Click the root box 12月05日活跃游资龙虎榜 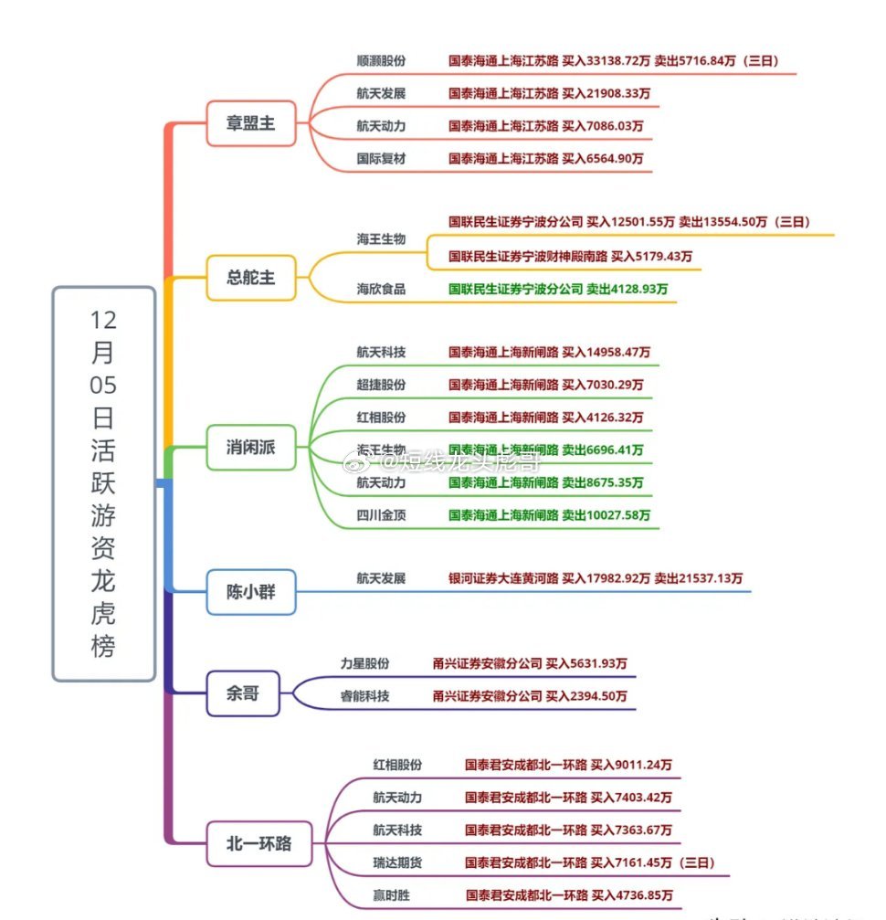pyautogui.click(x=103, y=484)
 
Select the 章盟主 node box pyautogui.click(x=250, y=123)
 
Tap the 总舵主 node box pyautogui.click(x=250, y=278)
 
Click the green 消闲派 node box pyautogui.click(x=250, y=448)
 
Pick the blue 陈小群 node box pyautogui.click(x=250, y=593)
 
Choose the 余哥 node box pyautogui.click(x=242, y=693)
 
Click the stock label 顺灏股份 pyautogui.click(x=381, y=61)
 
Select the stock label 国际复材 pyautogui.click(x=381, y=158)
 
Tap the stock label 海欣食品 pyautogui.click(x=381, y=289)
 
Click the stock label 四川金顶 pyautogui.click(x=381, y=515)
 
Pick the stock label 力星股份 pyautogui.click(x=364, y=663)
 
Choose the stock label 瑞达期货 pyautogui.click(x=397, y=862)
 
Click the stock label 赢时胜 pyautogui.click(x=391, y=895)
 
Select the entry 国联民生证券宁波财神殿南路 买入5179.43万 pyautogui.click(x=570, y=256)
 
